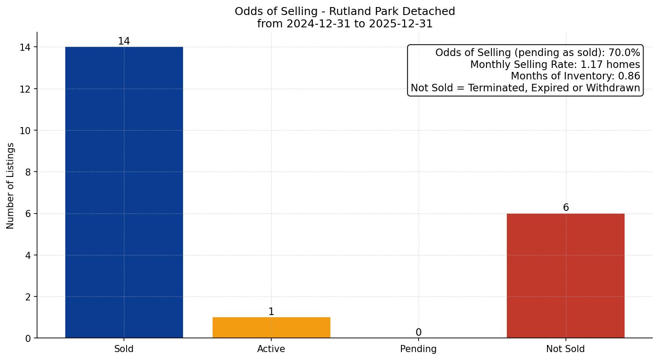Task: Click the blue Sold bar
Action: tap(124, 192)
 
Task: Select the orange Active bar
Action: tap(271, 327)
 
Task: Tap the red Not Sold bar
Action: tap(565, 276)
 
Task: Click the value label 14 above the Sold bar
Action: tap(124, 41)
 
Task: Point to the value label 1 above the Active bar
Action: tap(271, 312)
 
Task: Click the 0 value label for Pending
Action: tap(418, 333)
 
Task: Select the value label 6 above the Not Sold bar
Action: tap(565, 208)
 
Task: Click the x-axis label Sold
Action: tap(124, 349)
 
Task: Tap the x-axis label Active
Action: tap(271, 349)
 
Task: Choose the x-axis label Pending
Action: tap(418, 349)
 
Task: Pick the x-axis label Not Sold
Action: tap(565, 349)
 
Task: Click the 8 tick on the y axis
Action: tap(28, 172)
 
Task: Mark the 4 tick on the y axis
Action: tap(28, 255)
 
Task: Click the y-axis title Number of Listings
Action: tap(11, 186)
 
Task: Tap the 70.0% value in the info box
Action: tap(624, 53)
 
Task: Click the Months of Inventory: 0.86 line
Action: tap(575, 76)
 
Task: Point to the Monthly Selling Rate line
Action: tap(555, 64)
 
